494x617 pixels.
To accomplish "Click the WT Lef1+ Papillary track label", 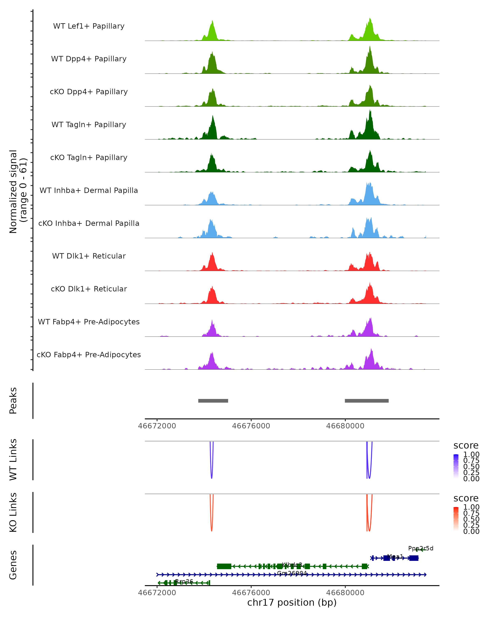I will click(89, 26).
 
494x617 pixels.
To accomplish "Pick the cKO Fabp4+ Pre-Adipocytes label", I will click(89, 355).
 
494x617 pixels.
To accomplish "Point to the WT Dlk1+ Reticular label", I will click(89, 256).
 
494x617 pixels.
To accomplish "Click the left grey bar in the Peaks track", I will click(213, 401).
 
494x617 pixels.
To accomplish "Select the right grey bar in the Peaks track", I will click(367, 401).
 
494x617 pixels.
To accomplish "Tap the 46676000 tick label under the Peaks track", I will click(251, 426).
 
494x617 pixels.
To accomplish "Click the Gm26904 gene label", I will click(292, 573).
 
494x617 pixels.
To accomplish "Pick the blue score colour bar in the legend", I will click(456, 466).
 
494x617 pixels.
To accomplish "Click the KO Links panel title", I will click(13, 512).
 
